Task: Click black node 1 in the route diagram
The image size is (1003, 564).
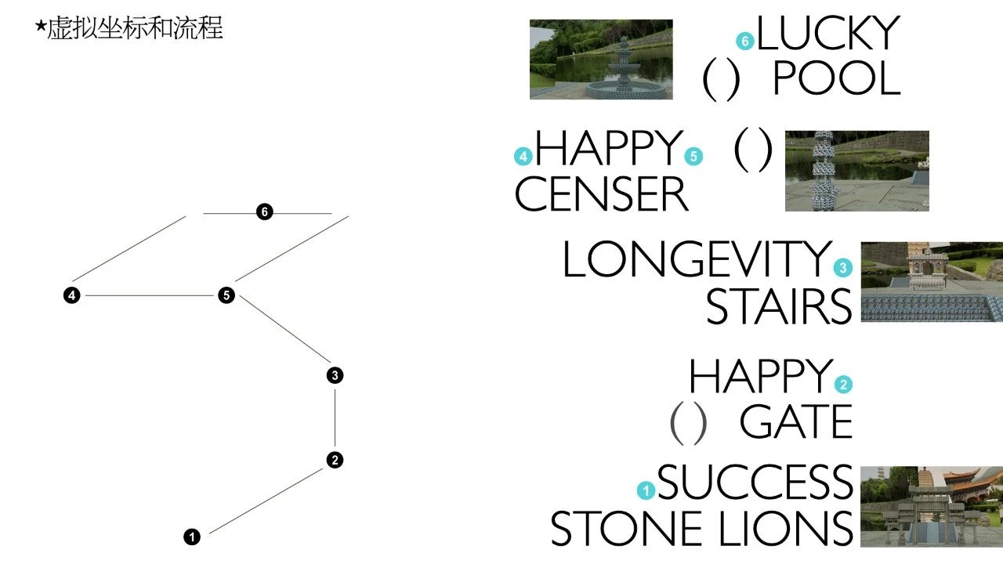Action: click(192, 537)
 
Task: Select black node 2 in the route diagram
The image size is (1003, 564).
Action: click(335, 460)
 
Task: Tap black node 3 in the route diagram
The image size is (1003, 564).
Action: click(335, 375)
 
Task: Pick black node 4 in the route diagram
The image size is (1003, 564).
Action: click(72, 295)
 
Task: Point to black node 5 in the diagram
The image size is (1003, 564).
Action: click(226, 295)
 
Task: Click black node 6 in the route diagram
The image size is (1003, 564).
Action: click(265, 212)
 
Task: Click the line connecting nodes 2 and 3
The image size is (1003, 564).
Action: click(335, 418)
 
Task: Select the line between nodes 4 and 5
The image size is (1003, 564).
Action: click(149, 295)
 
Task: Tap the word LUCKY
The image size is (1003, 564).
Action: click(827, 34)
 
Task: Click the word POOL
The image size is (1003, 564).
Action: click(836, 79)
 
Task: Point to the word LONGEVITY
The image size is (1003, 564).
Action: click(696, 259)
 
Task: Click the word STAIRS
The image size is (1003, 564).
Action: click(778, 306)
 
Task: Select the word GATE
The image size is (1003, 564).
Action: click(795, 423)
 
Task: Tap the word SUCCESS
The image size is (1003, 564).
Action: click(755, 482)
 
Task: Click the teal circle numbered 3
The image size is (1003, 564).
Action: click(843, 268)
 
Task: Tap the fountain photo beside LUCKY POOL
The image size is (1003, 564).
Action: click(601, 60)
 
